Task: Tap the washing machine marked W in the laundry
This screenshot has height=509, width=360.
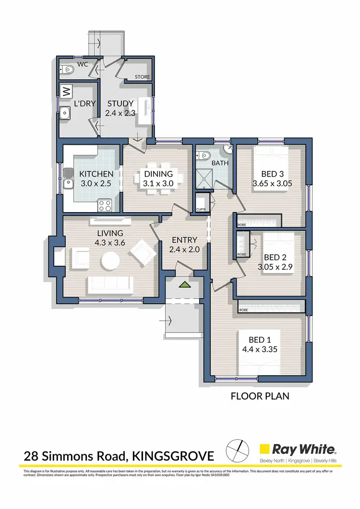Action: (x=66, y=90)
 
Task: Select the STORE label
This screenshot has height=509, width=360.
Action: (x=142, y=77)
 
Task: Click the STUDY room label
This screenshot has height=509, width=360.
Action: (x=120, y=104)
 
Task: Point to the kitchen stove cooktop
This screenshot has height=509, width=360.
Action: (x=105, y=205)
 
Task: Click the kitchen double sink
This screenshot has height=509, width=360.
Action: (x=68, y=182)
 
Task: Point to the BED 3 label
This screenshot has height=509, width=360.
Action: (x=272, y=174)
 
